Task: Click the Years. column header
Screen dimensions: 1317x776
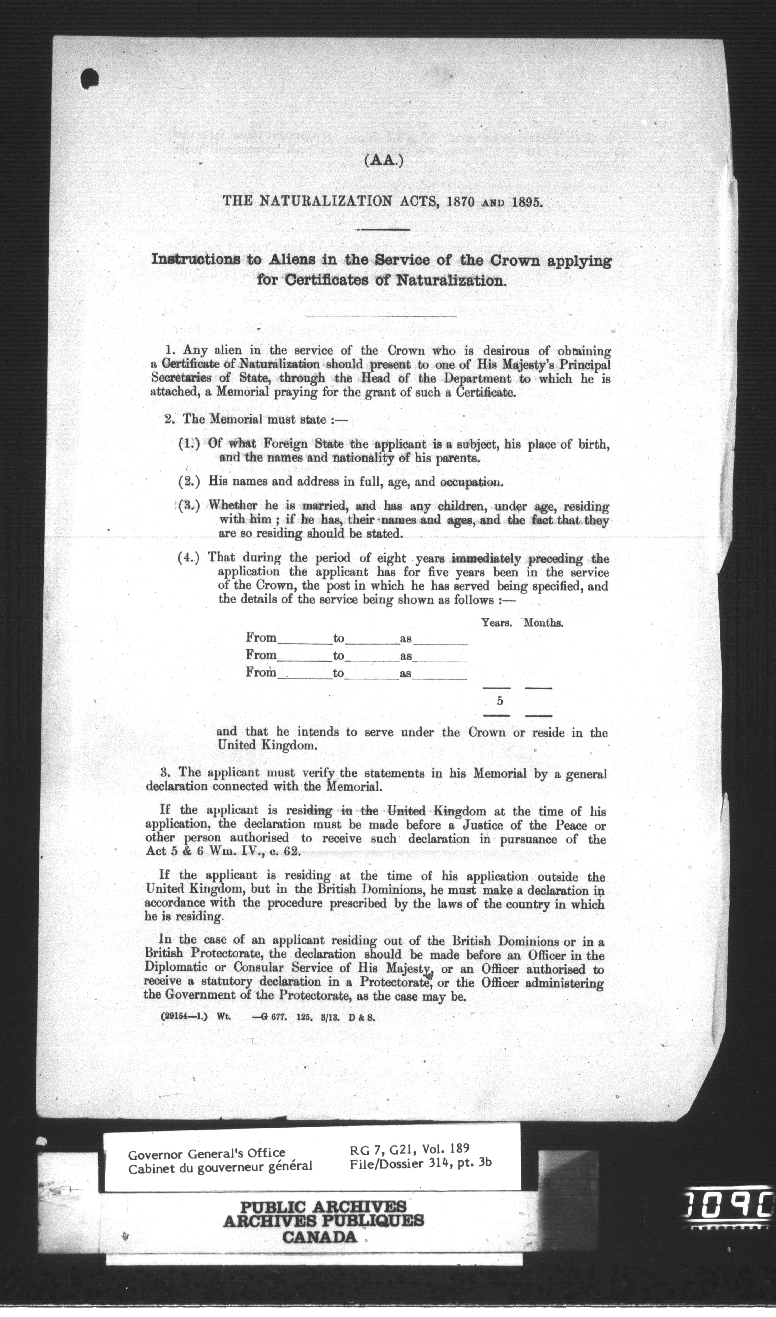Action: click(496, 623)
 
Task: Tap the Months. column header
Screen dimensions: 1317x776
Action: click(543, 623)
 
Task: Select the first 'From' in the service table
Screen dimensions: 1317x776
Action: click(261, 638)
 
